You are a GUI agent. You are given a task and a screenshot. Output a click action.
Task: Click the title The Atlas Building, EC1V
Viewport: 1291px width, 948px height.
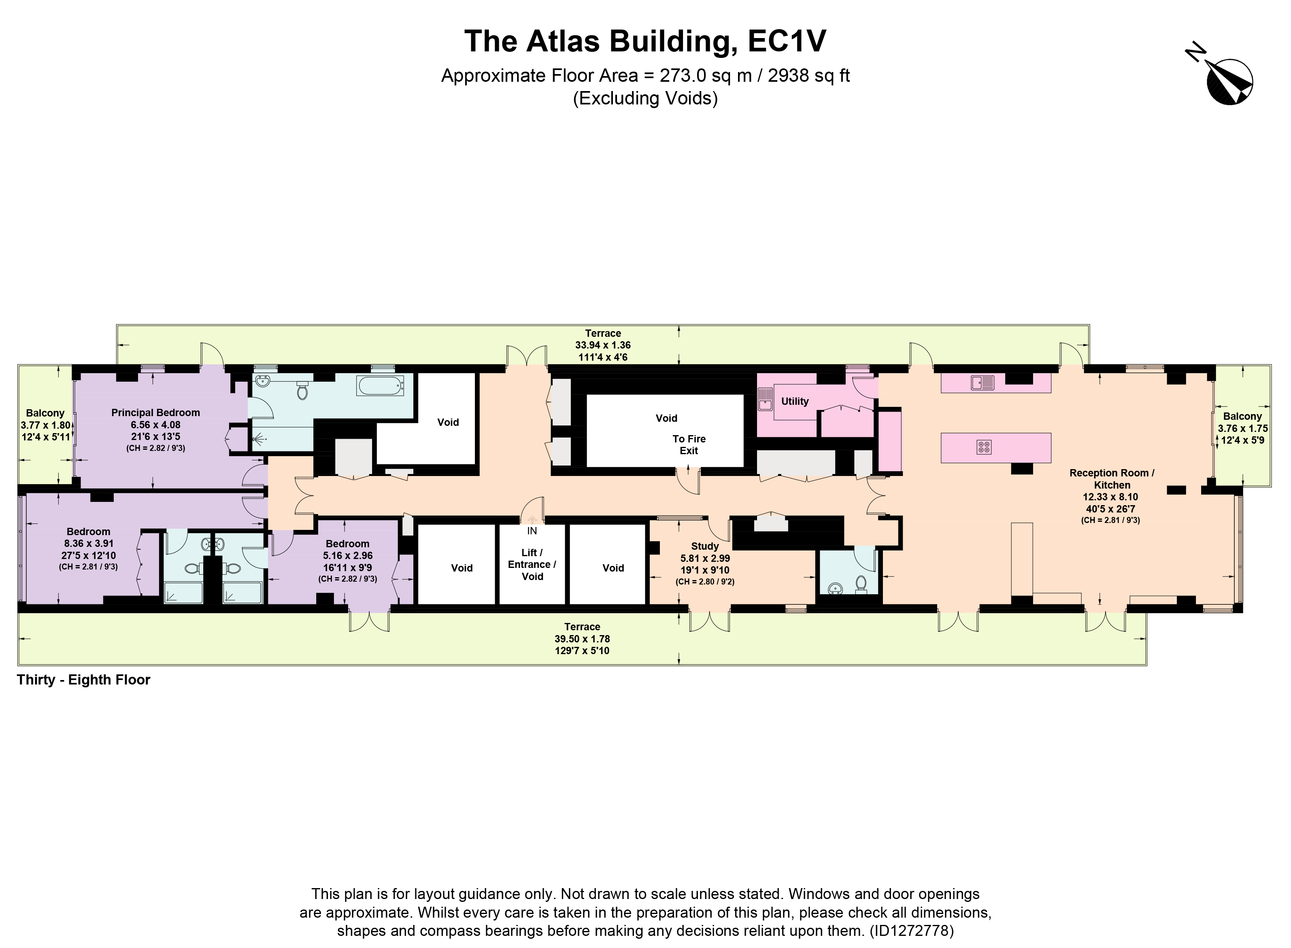[x=645, y=41]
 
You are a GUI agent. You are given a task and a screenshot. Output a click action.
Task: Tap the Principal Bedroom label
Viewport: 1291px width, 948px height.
[x=155, y=412]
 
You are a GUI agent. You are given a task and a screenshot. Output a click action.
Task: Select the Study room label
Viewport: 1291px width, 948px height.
[x=704, y=546]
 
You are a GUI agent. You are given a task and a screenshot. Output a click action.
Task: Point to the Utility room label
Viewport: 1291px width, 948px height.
[x=795, y=401]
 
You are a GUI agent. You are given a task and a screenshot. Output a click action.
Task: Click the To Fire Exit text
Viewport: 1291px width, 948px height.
[x=689, y=445]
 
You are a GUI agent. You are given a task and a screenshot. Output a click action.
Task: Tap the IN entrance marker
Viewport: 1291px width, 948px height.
[x=532, y=531]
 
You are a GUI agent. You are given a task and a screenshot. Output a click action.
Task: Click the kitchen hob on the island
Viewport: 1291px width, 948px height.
[x=983, y=447]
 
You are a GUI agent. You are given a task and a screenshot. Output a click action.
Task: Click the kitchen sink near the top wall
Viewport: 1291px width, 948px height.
[x=982, y=382]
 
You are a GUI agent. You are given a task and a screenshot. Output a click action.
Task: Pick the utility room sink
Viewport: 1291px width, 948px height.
[x=766, y=400]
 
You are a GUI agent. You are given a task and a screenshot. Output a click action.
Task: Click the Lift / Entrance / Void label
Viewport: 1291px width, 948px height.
[x=532, y=565]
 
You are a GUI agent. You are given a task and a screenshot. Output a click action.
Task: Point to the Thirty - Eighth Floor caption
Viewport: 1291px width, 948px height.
[x=84, y=680]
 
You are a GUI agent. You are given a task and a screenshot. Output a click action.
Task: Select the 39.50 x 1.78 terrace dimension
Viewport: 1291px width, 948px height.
[x=582, y=639]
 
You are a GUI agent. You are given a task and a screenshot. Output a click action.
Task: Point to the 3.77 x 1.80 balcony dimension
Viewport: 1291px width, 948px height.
[x=45, y=425]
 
